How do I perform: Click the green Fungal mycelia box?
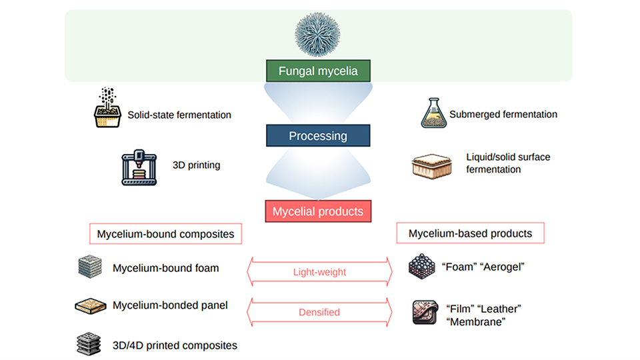[318, 71]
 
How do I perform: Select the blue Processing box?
[318, 136]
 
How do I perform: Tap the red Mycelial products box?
[318, 211]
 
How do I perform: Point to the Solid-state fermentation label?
[179, 115]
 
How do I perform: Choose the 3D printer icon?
[139, 167]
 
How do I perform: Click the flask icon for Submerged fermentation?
[433, 113]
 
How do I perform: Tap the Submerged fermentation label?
[503, 114]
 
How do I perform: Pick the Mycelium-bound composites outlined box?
[166, 234]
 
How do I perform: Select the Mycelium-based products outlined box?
[470, 233]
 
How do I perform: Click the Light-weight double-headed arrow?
[320, 272]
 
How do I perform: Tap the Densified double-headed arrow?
[320, 311]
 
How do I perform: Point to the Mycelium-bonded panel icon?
[91, 306]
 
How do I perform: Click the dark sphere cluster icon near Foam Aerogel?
[422, 267]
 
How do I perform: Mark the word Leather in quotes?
[501, 309]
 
